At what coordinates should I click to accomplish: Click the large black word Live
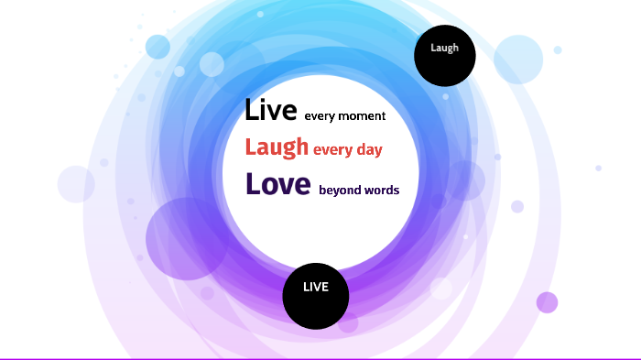[x=271, y=112]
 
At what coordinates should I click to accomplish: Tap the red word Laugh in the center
[x=277, y=147]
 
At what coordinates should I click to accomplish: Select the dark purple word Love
[x=278, y=184]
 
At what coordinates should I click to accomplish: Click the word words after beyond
[x=382, y=191]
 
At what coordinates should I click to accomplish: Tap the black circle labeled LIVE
[x=315, y=295]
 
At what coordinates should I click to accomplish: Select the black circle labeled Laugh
[x=445, y=56]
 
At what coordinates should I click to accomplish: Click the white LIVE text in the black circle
[x=315, y=288]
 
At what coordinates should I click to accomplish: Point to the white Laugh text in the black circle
[x=445, y=48]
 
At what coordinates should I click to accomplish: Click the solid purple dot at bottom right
[x=547, y=302]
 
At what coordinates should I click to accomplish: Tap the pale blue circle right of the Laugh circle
[x=518, y=59]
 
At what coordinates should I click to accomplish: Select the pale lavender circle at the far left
[x=76, y=183]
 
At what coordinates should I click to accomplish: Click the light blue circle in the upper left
[x=158, y=46]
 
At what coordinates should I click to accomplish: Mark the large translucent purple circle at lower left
[x=186, y=238]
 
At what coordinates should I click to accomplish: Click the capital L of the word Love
[x=253, y=184]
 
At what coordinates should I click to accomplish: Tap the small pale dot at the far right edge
[x=598, y=168]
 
